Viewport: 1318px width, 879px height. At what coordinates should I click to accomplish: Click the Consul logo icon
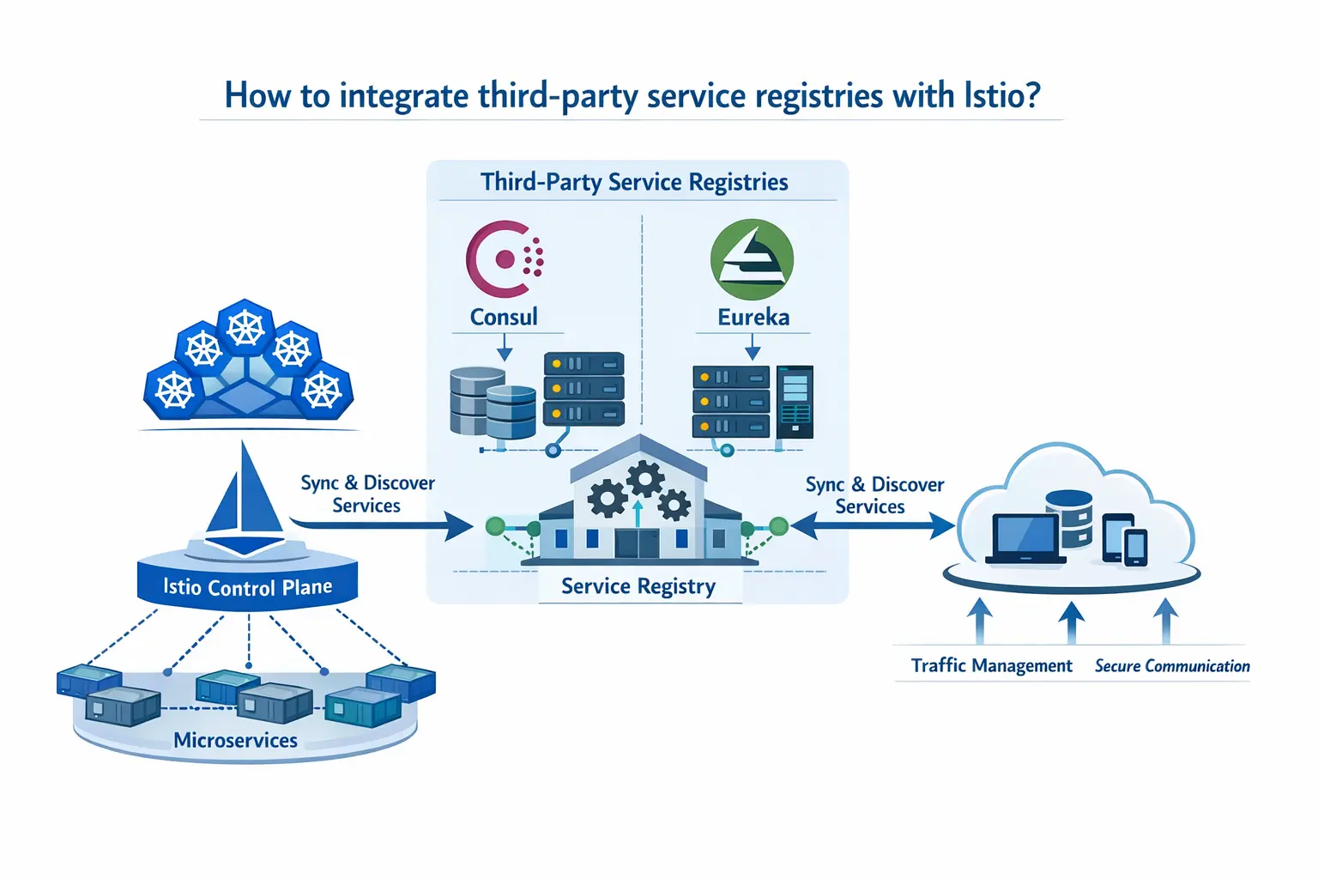click(x=504, y=258)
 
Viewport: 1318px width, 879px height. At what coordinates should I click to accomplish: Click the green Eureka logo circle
click(x=752, y=259)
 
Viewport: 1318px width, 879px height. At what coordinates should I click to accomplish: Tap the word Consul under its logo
click(x=504, y=317)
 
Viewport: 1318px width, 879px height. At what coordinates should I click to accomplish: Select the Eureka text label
click(x=753, y=318)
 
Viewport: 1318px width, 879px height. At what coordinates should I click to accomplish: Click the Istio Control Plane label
click(x=247, y=587)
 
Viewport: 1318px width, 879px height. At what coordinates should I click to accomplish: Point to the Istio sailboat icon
click(x=245, y=498)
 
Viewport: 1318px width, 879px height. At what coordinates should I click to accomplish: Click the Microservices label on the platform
click(x=235, y=740)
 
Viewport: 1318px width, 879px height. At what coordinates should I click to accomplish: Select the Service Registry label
click(x=638, y=586)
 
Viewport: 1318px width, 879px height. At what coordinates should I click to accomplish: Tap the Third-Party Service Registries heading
click(x=634, y=182)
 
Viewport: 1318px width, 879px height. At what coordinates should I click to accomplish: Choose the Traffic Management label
click(x=991, y=665)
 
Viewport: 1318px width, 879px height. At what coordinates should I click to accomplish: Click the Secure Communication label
click(x=1172, y=666)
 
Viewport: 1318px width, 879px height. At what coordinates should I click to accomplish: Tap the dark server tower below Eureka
click(x=795, y=402)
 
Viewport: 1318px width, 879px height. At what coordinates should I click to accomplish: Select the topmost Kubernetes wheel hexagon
click(x=245, y=327)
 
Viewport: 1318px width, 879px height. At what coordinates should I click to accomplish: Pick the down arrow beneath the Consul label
click(x=505, y=348)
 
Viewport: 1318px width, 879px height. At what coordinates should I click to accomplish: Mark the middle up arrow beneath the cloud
click(x=1071, y=621)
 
